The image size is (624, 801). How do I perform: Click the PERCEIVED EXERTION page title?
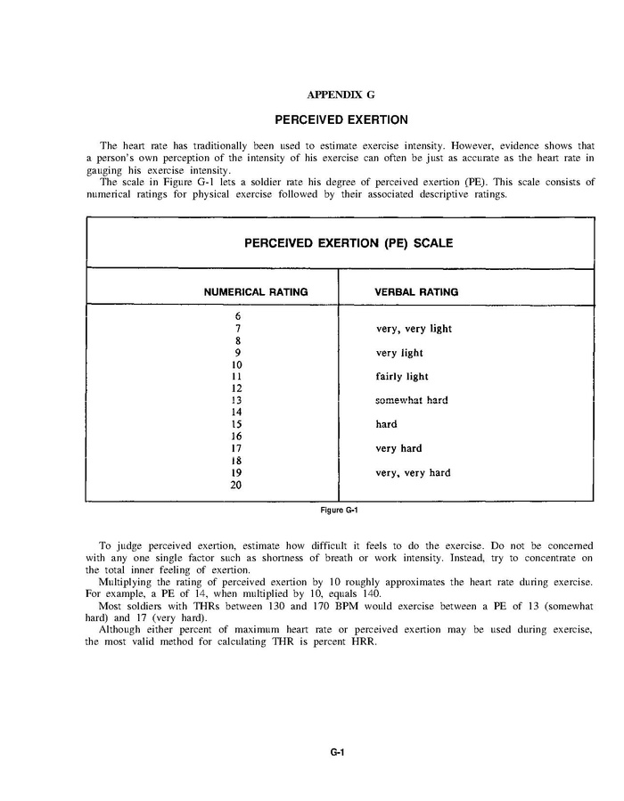point(341,119)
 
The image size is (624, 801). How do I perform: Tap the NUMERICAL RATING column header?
point(256,291)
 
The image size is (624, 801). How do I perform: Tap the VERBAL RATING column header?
point(416,291)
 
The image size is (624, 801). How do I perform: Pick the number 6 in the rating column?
point(238,316)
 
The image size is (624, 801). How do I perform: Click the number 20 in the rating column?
point(237,485)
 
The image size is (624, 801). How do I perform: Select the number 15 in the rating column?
point(237,425)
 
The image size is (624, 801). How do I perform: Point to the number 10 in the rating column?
point(237,364)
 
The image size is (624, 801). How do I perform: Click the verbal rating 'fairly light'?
point(402,377)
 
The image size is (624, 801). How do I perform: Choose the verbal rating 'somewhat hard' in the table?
point(411,401)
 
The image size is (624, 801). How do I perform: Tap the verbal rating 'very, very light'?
point(414,329)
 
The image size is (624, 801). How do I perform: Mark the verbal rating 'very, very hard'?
point(413,473)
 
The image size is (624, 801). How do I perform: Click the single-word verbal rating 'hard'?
point(386,425)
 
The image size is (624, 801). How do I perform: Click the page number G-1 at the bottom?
point(337,752)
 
